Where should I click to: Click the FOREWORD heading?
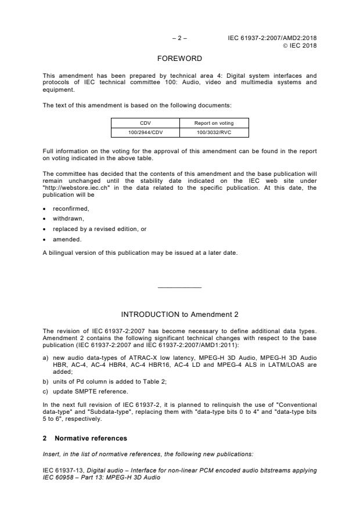click(179, 59)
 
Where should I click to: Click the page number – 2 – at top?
click(179, 38)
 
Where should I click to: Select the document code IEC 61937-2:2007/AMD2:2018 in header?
click(272, 38)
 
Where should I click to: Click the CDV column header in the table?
click(145, 123)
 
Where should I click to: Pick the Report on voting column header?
click(214, 123)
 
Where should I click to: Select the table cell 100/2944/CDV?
click(145, 132)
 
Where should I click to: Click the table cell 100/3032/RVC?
click(214, 132)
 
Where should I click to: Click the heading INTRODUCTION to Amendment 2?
click(179, 314)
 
